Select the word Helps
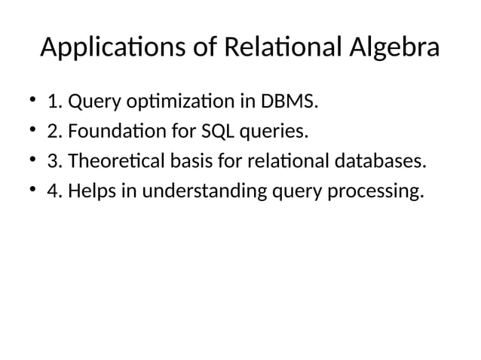pos(90,192)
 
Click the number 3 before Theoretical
pos(52,162)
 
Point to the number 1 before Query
pos(53,101)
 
